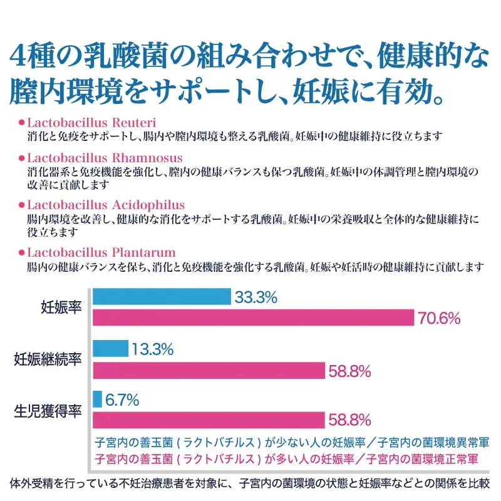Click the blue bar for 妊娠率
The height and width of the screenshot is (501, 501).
[x=162, y=297]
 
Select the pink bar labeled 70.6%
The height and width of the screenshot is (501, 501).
[x=254, y=318]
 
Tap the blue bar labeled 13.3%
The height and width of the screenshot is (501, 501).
[x=111, y=348]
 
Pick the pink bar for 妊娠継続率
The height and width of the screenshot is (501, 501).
[x=209, y=370]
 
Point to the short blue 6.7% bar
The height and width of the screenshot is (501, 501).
[x=98, y=399]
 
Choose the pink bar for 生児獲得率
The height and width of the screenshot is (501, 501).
[x=209, y=420]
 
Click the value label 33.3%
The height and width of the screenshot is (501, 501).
[x=256, y=297]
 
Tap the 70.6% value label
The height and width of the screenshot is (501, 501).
[x=440, y=319]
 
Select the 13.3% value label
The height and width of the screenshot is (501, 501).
[x=153, y=349]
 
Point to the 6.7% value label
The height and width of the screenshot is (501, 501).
[x=122, y=400]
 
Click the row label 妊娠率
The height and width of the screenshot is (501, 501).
[x=61, y=307]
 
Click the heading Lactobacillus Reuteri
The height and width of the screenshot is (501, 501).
[x=91, y=121]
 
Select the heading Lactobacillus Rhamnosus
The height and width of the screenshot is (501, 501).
[x=105, y=157]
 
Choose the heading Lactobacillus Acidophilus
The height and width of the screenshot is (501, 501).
[x=106, y=205]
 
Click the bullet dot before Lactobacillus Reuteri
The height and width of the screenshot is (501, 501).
[x=22, y=121]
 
